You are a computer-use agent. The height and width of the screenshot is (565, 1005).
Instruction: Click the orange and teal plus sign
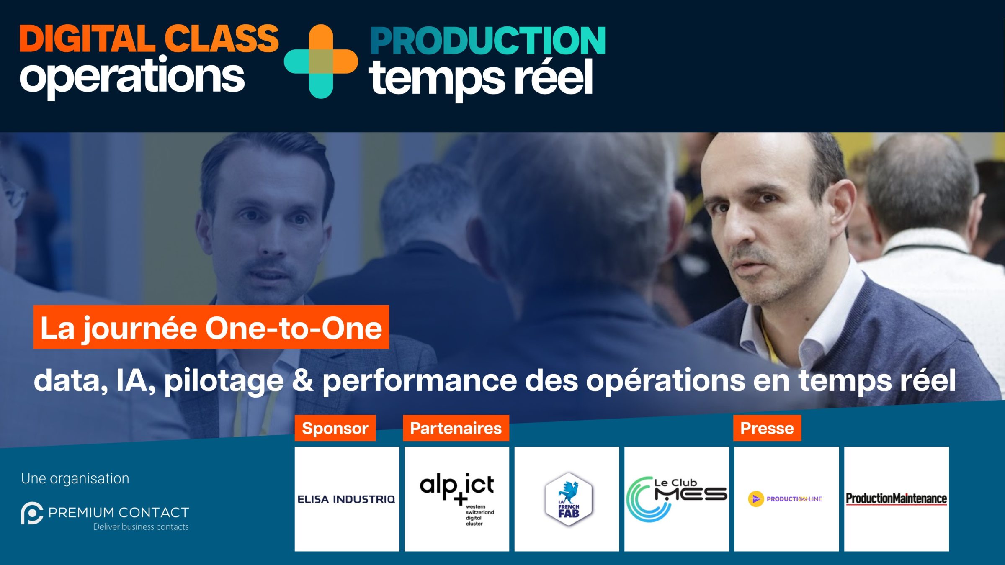click(321, 62)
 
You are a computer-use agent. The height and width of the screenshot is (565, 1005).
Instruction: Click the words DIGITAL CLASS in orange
click(149, 39)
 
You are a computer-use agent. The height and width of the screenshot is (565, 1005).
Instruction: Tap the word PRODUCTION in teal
click(488, 41)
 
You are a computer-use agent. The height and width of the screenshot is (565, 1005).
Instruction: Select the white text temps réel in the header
click(481, 79)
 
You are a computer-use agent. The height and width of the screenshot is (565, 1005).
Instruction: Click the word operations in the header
click(132, 77)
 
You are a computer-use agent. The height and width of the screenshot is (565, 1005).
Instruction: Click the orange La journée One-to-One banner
click(211, 327)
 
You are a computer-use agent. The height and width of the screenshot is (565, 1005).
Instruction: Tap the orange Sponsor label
click(335, 428)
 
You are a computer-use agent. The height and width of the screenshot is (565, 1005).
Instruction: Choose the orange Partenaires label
click(456, 428)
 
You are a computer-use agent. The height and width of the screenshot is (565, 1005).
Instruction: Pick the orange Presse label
click(767, 428)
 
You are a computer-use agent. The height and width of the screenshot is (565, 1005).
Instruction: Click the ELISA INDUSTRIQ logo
click(346, 499)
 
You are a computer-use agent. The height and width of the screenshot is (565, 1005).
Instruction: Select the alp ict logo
click(457, 499)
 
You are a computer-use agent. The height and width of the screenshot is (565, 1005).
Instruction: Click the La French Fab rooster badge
click(568, 499)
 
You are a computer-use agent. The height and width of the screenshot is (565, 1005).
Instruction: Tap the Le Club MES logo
click(677, 499)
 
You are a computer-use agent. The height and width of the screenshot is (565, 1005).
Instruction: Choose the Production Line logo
click(785, 499)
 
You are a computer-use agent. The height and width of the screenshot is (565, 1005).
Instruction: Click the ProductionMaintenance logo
click(897, 499)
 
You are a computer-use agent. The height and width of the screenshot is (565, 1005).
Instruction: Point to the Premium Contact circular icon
click(32, 513)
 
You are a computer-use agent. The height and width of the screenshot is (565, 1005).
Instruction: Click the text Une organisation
click(75, 478)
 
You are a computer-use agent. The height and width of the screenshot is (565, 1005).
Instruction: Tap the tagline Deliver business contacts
click(141, 527)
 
